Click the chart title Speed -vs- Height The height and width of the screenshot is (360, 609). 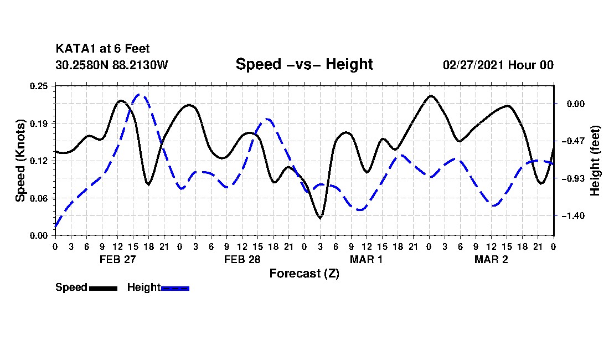click(304, 64)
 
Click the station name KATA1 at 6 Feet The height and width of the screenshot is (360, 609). click(102, 49)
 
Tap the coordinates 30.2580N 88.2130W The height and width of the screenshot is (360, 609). click(112, 65)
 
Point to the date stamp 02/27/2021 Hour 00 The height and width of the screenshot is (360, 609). click(498, 65)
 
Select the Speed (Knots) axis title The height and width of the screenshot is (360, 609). click(20, 161)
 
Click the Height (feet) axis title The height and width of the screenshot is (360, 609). click(595, 161)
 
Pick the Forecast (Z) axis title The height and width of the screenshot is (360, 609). click(304, 274)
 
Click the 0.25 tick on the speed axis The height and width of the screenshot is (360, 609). click(39, 86)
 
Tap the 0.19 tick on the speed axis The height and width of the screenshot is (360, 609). click(39, 124)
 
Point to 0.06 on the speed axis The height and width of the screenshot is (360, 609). click(39, 198)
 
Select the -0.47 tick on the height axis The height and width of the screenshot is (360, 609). click(572, 141)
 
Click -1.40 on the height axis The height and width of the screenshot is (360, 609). click(572, 216)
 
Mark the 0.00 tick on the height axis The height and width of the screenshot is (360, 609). click(575, 104)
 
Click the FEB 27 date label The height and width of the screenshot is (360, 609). click(118, 259)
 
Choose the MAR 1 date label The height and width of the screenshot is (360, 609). click(367, 259)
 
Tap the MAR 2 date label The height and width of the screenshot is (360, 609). click(491, 259)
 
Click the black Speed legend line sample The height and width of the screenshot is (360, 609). click(104, 288)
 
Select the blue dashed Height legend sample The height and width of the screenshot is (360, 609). click(175, 288)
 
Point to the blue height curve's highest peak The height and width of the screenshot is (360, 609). click(140, 94)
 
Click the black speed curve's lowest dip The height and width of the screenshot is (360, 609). click(321, 218)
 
